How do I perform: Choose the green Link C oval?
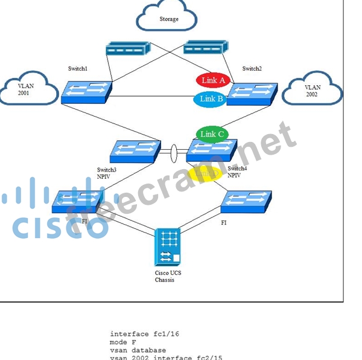pyautogui.click(x=212, y=134)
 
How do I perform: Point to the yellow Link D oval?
pyautogui.click(x=205, y=174)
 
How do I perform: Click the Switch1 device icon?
pyautogui.click(x=87, y=92)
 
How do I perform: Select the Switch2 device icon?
pyautogui.click(x=252, y=92)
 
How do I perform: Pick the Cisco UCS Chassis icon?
pyautogui.click(x=168, y=246)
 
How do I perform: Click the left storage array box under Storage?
pyautogui.click(x=127, y=49)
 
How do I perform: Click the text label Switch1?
pyautogui.click(x=78, y=69)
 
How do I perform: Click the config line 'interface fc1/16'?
pyautogui.click(x=144, y=334)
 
